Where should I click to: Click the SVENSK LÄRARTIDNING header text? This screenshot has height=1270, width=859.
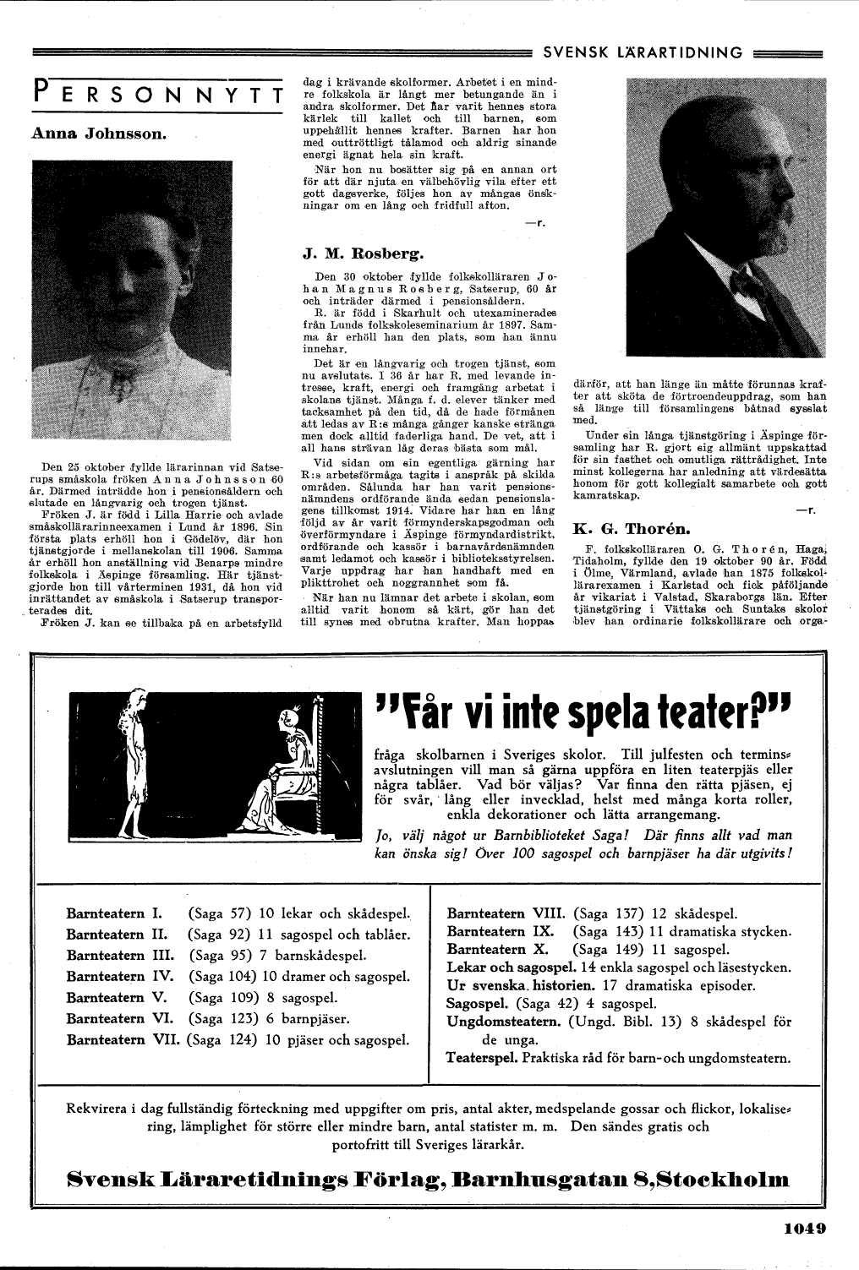tap(643, 52)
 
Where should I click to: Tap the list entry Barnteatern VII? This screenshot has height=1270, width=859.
tap(123, 1040)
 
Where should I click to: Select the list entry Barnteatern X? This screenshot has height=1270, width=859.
tap(499, 949)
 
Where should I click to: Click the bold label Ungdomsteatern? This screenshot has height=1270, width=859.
tap(504, 1022)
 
